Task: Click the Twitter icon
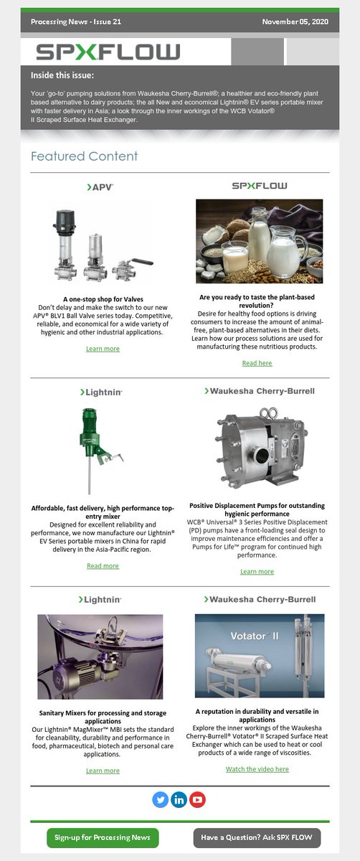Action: (160, 799)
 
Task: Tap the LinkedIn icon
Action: (179, 799)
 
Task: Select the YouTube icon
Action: (198, 799)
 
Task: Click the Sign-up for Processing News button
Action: (102, 837)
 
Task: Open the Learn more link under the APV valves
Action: (103, 349)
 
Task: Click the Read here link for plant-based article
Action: (257, 363)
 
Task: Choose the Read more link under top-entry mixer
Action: (103, 565)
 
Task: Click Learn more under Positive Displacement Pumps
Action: (257, 571)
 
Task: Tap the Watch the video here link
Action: (257, 768)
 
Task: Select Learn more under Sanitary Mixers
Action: (103, 771)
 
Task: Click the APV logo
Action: (100, 187)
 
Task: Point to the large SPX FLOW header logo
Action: (108, 52)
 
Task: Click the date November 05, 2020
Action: (295, 22)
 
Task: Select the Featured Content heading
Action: (84, 156)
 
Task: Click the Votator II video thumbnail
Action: (259, 656)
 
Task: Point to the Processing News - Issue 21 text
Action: (76, 22)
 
